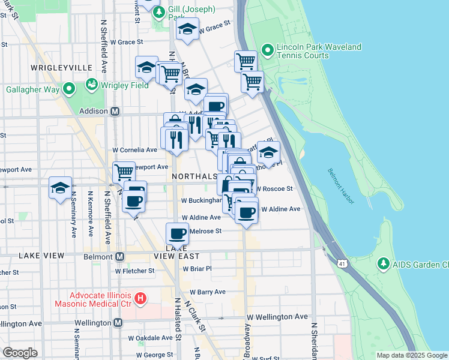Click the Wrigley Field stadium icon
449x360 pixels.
pos(92,84)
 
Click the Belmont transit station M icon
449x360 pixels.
pos(119,257)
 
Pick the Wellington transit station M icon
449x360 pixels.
pos(118,323)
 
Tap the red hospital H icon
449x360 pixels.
pos(140,298)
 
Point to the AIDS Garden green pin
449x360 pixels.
pos(382,264)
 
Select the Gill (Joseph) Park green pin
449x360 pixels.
pos(159,12)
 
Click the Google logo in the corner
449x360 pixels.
pos(20,352)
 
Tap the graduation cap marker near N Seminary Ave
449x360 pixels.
pos(60,187)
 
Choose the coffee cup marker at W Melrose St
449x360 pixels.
pos(177,233)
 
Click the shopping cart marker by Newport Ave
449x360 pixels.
pos(124,172)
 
